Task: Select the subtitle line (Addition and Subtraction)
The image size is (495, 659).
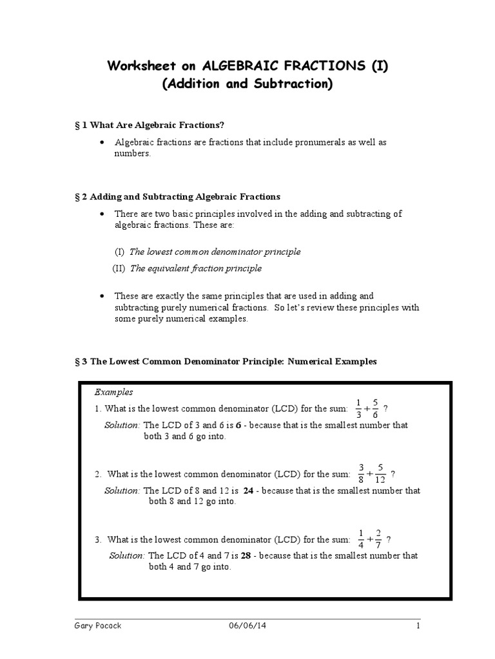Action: point(247,85)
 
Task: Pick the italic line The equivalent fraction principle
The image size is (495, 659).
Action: point(196,268)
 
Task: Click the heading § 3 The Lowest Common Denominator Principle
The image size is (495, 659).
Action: point(226,362)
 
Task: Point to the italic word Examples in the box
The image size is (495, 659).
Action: point(114,391)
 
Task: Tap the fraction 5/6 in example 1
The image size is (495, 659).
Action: point(375,408)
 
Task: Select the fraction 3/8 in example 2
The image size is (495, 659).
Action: point(362,473)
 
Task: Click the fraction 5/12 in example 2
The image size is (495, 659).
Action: point(380,473)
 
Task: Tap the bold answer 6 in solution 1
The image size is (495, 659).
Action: point(238,425)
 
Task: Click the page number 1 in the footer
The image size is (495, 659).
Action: point(418,626)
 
